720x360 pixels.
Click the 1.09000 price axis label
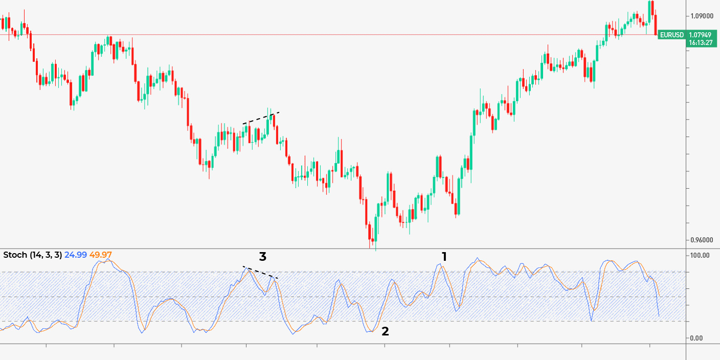point(703,16)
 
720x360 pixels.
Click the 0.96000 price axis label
point(703,240)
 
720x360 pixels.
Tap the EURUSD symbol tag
point(671,35)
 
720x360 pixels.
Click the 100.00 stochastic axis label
point(701,255)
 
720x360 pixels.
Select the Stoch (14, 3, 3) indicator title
point(33,255)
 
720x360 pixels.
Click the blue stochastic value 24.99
point(76,255)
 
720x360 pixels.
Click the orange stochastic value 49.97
point(101,255)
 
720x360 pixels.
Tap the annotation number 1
point(444,257)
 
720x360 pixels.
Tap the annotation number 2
point(385,331)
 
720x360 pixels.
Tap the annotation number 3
point(263,257)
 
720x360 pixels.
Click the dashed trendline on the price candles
point(261,118)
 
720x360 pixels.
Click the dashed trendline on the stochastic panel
point(261,273)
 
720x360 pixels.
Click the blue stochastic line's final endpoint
point(659,316)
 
